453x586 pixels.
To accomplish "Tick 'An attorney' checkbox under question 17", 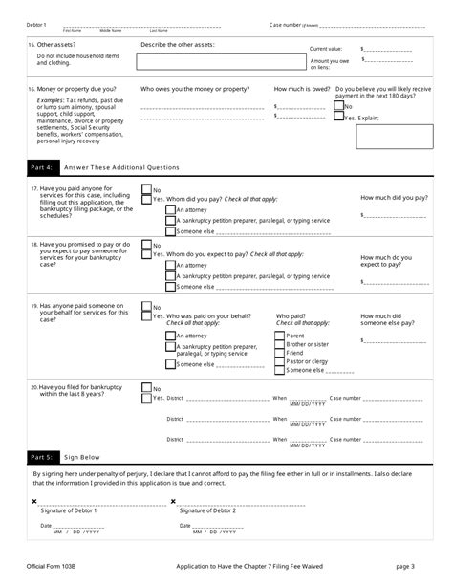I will [x=170, y=209].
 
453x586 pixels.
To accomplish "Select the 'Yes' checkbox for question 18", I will [x=146, y=255].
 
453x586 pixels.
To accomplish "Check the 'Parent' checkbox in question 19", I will [x=280, y=336].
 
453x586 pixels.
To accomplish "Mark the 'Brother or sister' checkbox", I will [x=280, y=344].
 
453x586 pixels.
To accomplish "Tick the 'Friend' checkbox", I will [x=280, y=353].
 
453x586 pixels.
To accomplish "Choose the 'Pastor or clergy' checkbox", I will [x=280, y=361].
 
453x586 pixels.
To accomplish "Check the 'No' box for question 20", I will [x=146, y=388].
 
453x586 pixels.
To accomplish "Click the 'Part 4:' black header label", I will [x=42, y=167].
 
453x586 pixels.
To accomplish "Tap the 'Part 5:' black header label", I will [x=42, y=457].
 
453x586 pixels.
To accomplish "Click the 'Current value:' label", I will [x=326, y=48].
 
